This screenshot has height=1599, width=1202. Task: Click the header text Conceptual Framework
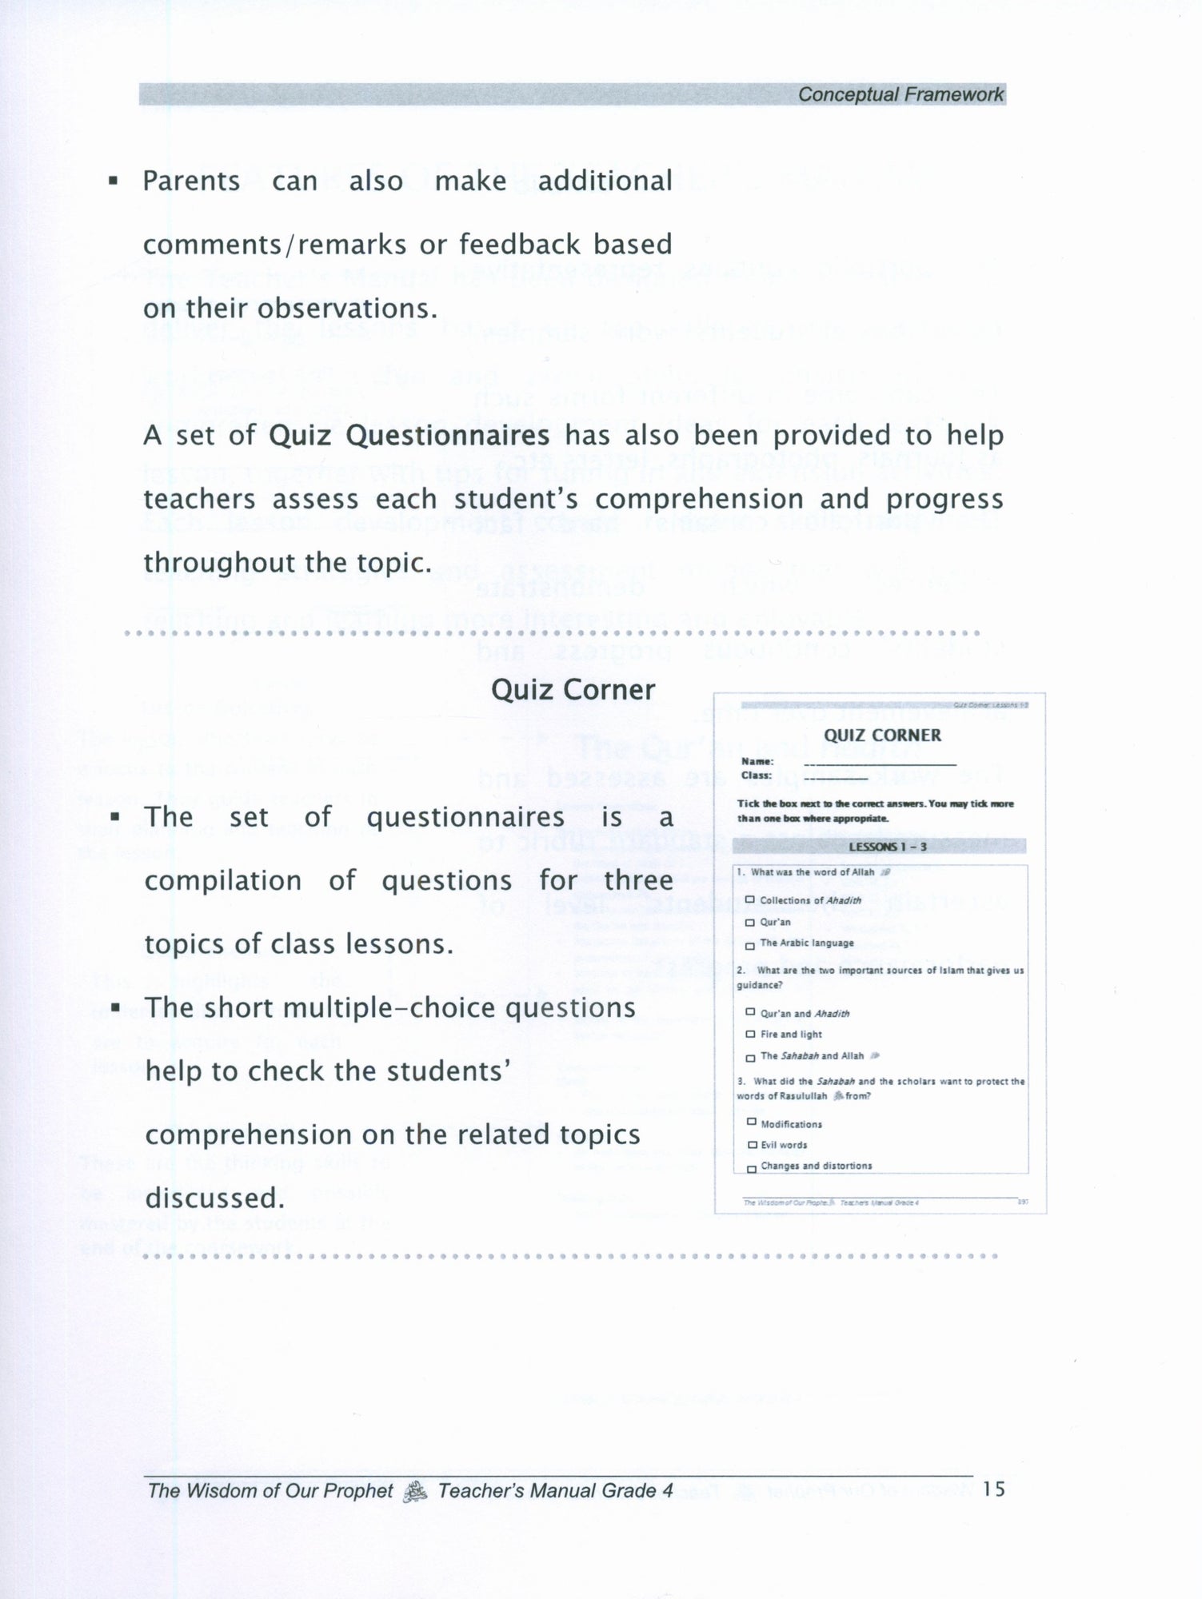point(900,94)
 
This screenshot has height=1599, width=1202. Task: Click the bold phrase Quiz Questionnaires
point(409,436)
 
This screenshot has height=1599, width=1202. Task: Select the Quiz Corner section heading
point(573,690)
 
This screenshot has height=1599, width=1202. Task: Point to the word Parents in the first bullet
point(191,181)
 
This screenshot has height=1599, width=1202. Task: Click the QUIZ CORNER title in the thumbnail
point(882,736)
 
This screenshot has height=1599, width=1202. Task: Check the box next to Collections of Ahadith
point(750,899)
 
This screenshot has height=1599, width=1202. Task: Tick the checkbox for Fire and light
point(750,1034)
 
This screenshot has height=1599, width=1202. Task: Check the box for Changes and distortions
point(751,1168)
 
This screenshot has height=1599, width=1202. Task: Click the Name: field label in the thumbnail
point(757,762)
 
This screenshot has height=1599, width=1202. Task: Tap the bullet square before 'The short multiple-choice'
point(116,1009)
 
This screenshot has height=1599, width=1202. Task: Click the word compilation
point(222,881)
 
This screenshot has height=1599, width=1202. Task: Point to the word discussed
point(214,1198)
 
